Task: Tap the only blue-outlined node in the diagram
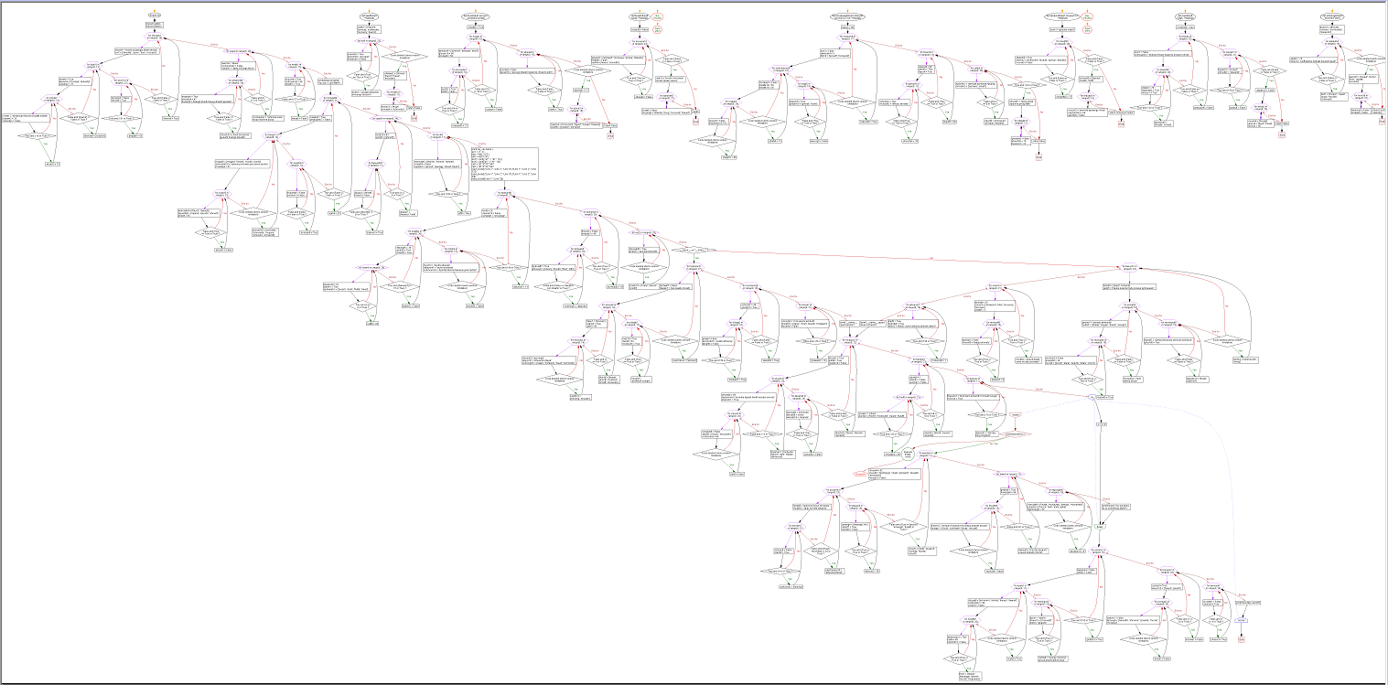pos(1242,619)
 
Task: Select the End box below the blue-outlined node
pos(1242,638)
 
